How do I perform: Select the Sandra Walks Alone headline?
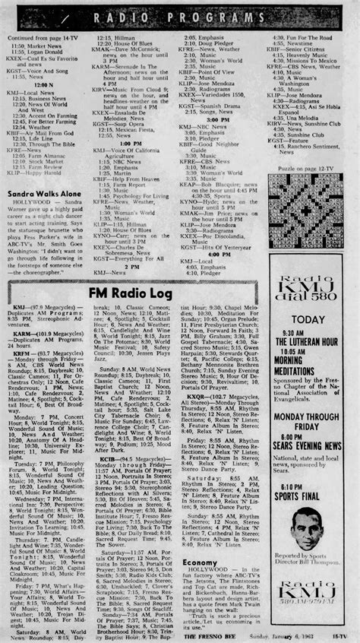click(46, 194)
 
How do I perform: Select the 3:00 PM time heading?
click(218, 119)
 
